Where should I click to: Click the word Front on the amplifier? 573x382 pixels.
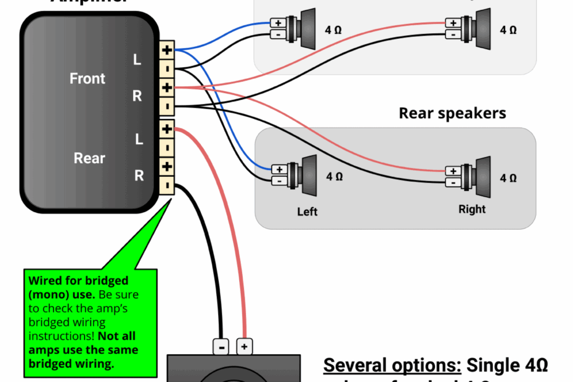click(87, 79)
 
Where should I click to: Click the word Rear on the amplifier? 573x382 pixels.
click(89, 158)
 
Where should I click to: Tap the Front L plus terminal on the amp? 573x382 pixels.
click(167, 49)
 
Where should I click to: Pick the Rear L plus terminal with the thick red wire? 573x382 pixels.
click(167, 129)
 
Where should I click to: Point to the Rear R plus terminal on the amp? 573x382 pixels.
click(167, 167)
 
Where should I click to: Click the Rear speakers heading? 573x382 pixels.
click(452, 113)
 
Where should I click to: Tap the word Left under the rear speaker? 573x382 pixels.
click(307, 212)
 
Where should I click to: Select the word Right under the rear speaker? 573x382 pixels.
click(472, 209)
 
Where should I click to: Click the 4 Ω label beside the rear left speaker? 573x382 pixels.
click(335, 177)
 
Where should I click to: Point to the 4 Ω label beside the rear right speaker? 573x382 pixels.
click(508, 178)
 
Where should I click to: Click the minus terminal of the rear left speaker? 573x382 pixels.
click(279, 180)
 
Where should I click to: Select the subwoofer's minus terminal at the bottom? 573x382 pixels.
click(221, 347)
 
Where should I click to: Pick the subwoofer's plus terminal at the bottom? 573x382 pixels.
click(245, 347)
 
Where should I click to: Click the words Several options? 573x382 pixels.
click(392, 365)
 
